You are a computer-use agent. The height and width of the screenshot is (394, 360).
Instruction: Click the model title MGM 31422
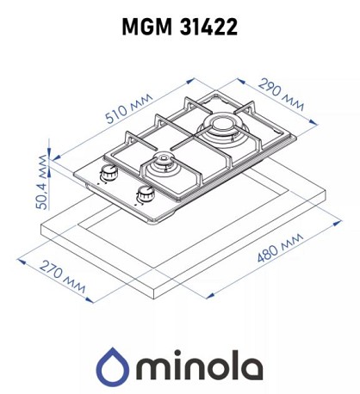click(x=180, y=27)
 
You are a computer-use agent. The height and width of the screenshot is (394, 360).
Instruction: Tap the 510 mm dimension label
click(x=129, y=108)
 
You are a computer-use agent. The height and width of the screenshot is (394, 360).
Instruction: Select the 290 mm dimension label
click(x=281, y=95)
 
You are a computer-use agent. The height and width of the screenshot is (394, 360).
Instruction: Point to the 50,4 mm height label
click(x=41, y=182)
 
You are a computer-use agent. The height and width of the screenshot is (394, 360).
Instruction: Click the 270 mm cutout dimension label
click(x=62, y=276)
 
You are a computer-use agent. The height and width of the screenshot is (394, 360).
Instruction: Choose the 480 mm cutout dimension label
click(x=280, y=248)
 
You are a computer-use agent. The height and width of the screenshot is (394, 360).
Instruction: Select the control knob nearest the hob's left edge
click(x=109, y=171)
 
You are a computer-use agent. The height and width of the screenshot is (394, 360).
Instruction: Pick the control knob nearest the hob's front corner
click(x=146, y=194)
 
